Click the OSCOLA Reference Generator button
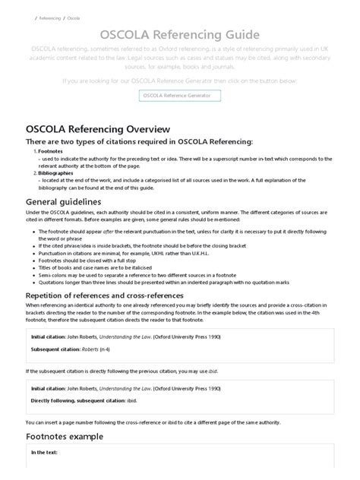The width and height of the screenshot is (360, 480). tap(179, 95)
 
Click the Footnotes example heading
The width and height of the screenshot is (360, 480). tap(69, 436)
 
